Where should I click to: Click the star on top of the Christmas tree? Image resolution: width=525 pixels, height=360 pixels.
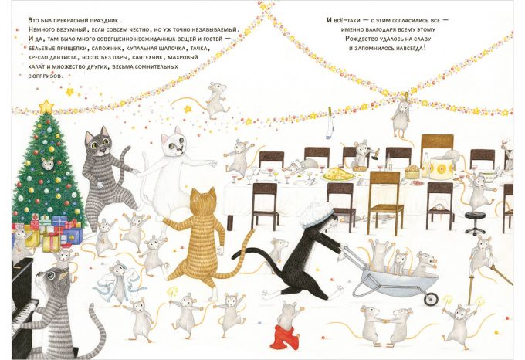click(x=46, y=107)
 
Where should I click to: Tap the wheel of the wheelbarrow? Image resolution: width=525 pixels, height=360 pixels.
click(x=431, y=299)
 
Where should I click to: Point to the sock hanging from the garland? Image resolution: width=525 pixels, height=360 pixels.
click(x=330, y=123)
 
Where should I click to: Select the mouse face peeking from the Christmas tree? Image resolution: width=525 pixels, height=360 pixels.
click(x=48, y=163)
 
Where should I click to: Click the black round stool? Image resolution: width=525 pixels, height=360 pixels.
click(x=475, y=222)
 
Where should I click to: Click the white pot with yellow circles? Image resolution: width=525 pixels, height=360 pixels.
click(x=442, y=168)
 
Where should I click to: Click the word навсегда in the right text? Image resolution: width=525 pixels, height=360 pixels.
click(x=410, y=48)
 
